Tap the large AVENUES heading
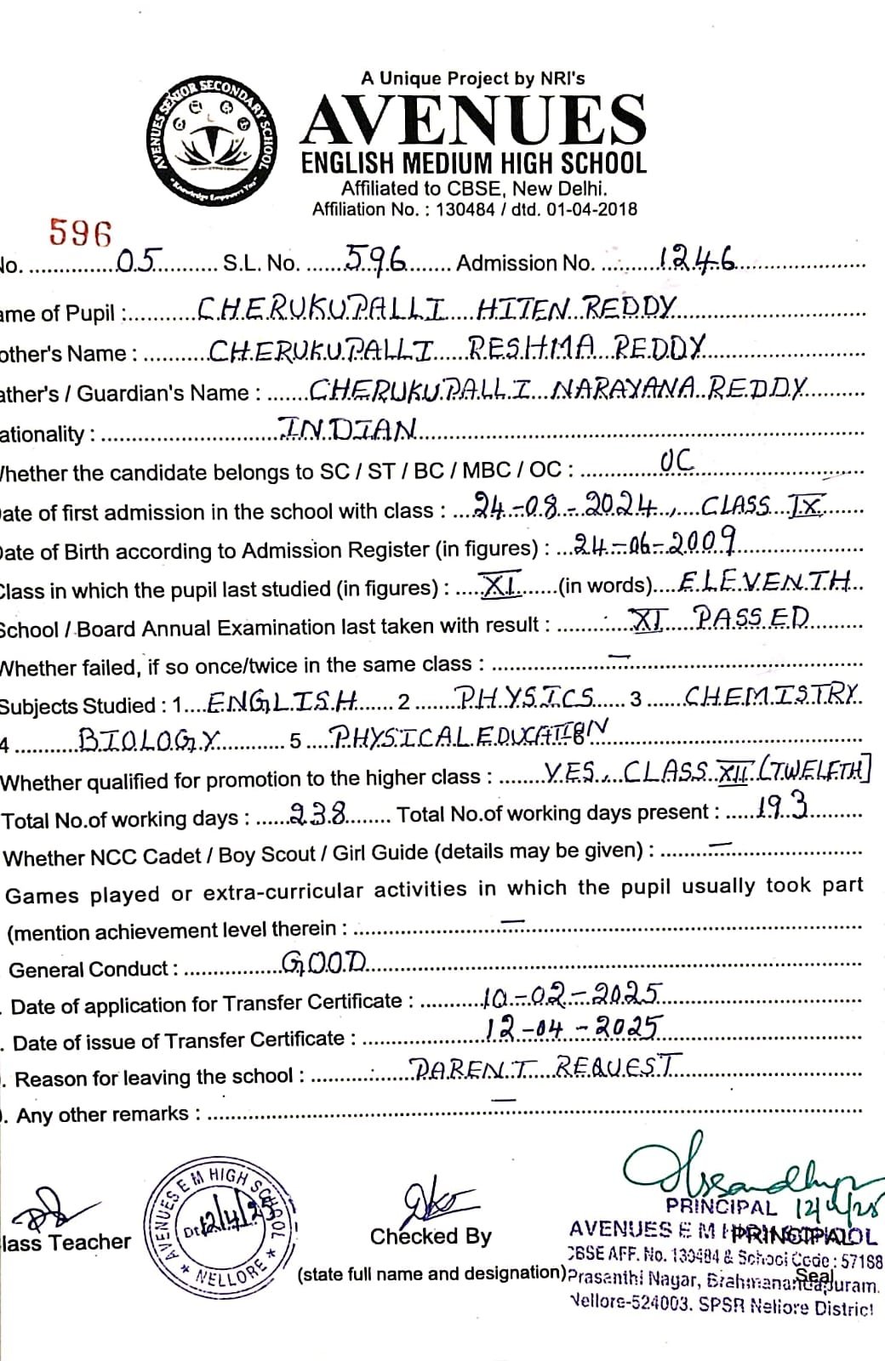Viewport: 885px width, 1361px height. click(473, 119)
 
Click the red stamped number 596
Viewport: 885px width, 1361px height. click(81, 231)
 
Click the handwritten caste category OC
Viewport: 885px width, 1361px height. click(677, 462)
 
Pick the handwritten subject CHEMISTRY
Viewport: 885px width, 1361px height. click(773, 695)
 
